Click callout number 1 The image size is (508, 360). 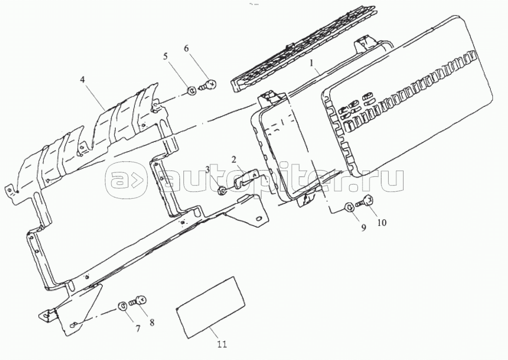[x=311, y=63]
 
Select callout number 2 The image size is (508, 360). [x=234, y=159]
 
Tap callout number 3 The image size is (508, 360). [x=219, y=169]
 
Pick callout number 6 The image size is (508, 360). [x=186, y=48]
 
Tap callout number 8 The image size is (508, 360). [x=151, y=322]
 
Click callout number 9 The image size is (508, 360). [x=363, y=228]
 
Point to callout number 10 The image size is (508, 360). [x=382, y=223]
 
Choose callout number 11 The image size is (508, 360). [x=222, y=345]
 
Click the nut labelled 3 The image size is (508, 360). [x=223, y=191]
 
